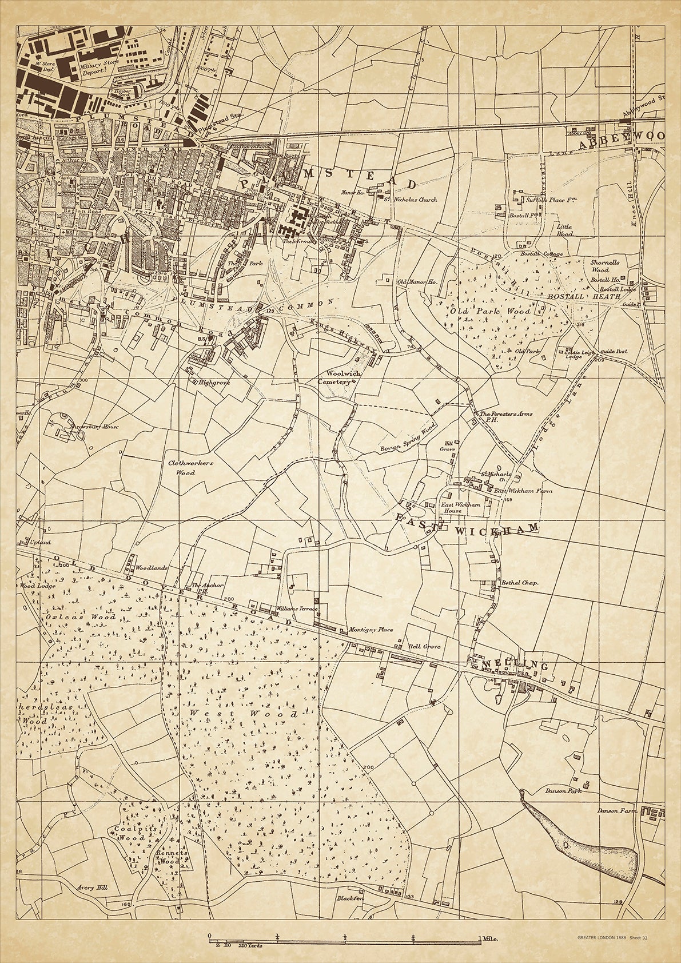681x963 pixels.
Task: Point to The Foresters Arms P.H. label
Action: point(498,417)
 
